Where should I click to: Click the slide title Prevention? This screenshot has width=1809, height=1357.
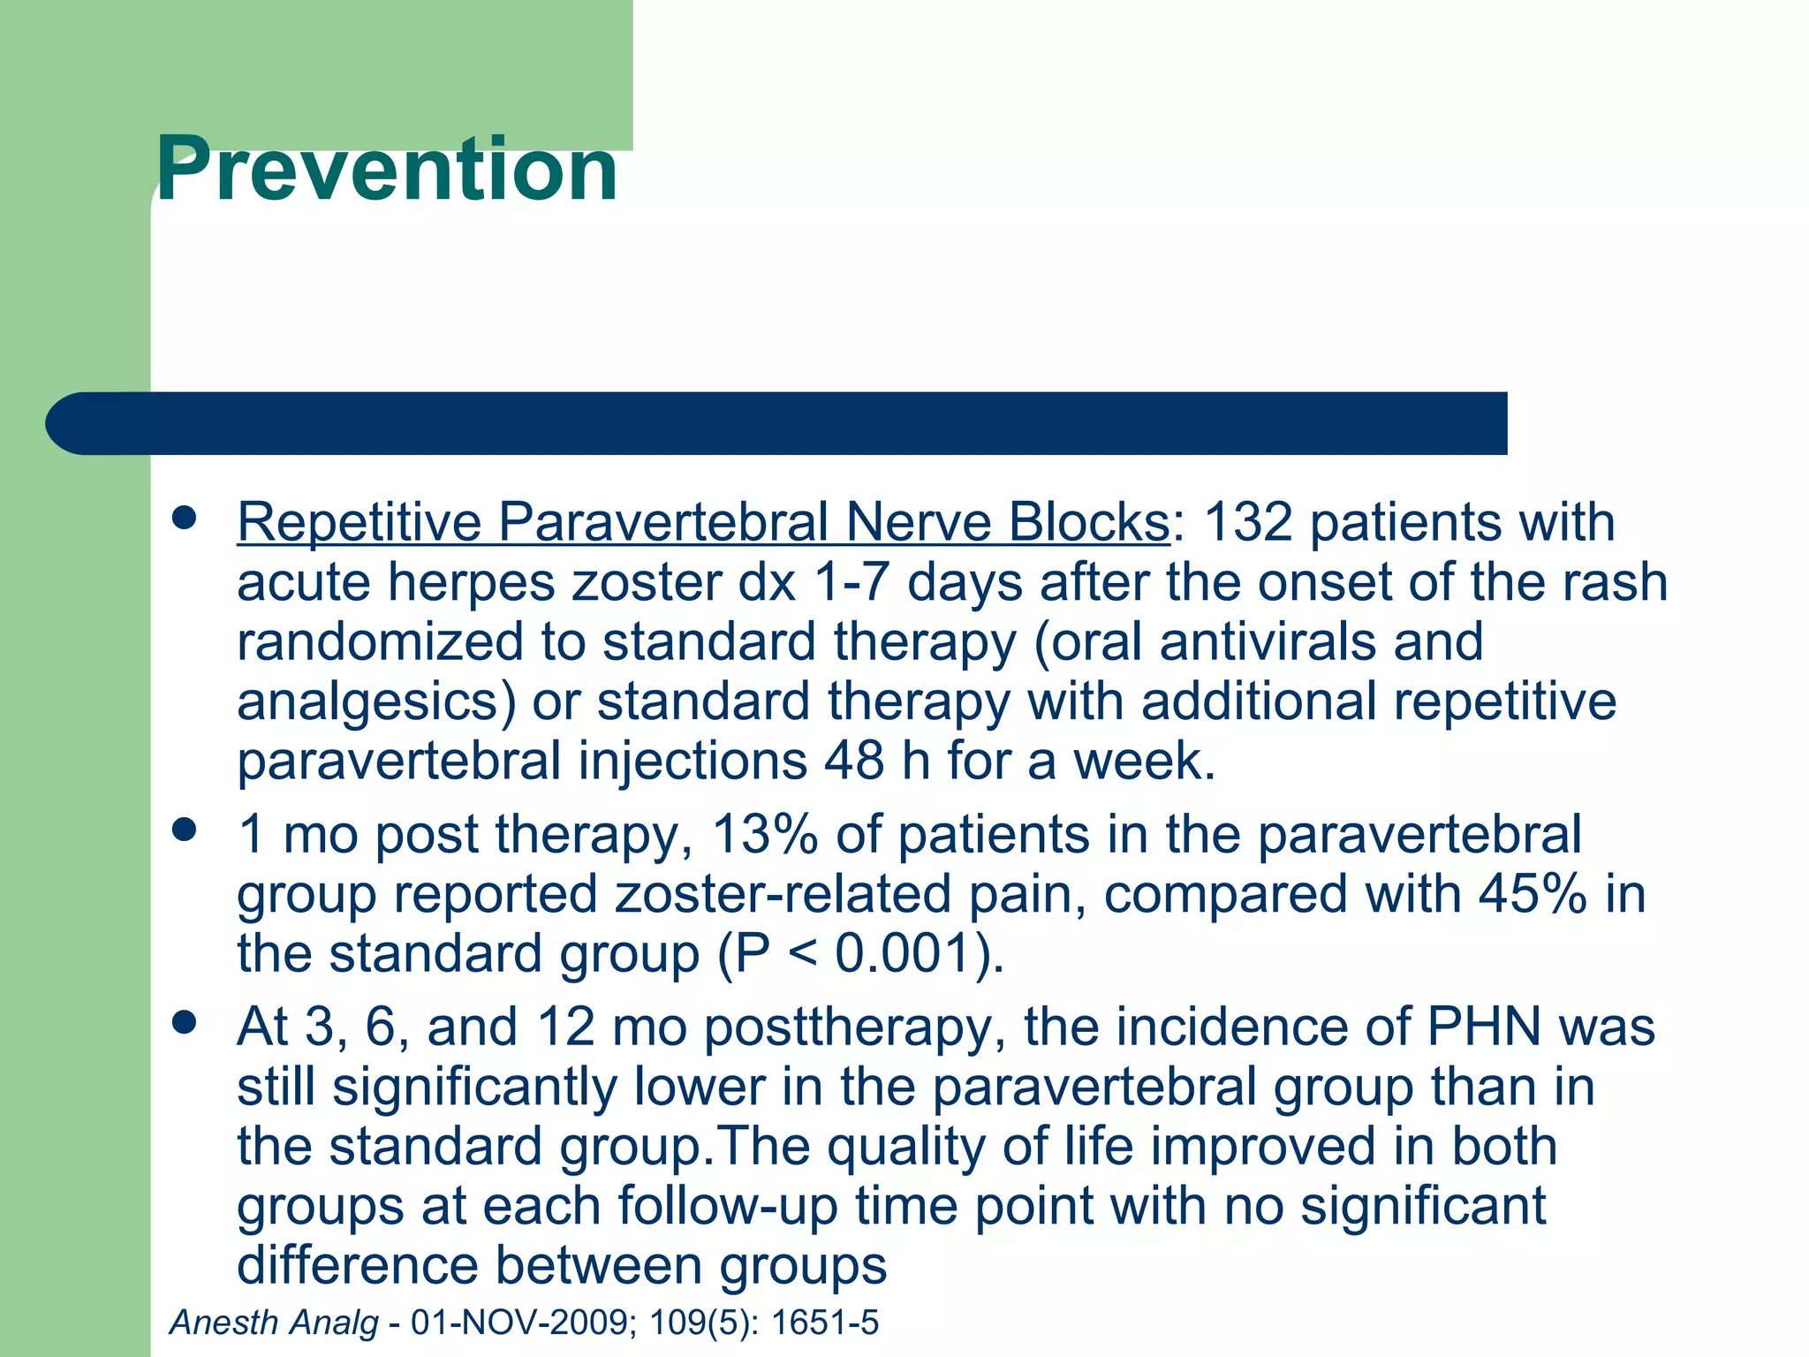[x=386, y=170]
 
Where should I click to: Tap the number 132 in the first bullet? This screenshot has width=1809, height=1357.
[x=1248, y=522]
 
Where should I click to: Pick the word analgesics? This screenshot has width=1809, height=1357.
[x=375, y=702]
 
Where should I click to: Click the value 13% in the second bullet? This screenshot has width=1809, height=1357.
[x=764, y=835]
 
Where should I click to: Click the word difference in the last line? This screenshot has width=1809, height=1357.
[x=357, y=1265]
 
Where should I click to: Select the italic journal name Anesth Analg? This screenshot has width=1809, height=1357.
[x=274, y=1323]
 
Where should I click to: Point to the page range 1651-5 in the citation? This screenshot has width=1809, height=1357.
[x=825, y=1323]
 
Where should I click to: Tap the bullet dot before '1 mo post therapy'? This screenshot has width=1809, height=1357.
[x=184, y=830]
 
